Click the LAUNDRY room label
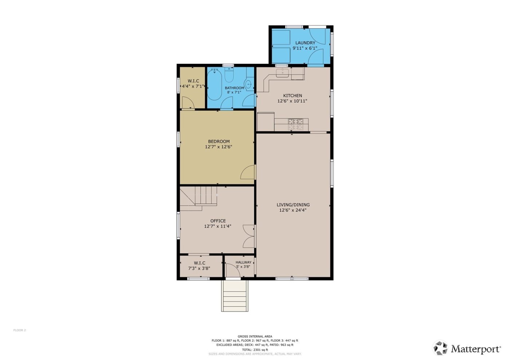(305, 43)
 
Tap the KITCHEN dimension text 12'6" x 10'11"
(292, 101)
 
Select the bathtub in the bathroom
(214, 84)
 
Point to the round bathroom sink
(249, 85)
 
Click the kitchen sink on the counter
(283, 73)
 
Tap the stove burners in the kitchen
(295, 124)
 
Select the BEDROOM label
(219, 142)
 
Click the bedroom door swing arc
(248, 172)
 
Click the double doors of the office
(249, 236)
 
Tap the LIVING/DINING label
(293, 205)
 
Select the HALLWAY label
(243, 262)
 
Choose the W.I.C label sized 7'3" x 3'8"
(199, 263)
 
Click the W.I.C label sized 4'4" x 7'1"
(193, 81)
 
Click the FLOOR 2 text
(20, 330)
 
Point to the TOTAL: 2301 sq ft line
(255, 349)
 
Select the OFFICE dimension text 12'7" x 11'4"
(217, 226)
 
